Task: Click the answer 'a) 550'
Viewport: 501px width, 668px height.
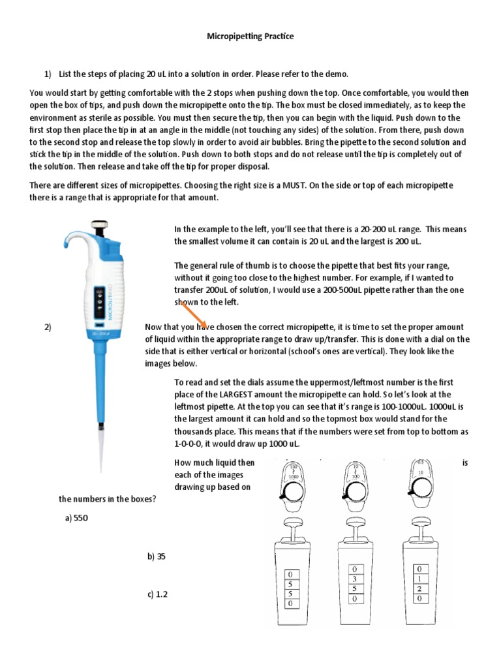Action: (76, 518)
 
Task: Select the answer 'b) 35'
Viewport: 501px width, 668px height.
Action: (155, 556)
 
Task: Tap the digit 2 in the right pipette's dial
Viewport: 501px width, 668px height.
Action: (418, 588)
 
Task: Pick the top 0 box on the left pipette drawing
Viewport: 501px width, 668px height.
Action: (289, 575)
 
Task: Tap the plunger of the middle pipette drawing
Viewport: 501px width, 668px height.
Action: (354, 524)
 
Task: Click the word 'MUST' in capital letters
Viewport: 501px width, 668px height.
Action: (294, 185)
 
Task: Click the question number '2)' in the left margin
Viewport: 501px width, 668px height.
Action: (48, 327)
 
